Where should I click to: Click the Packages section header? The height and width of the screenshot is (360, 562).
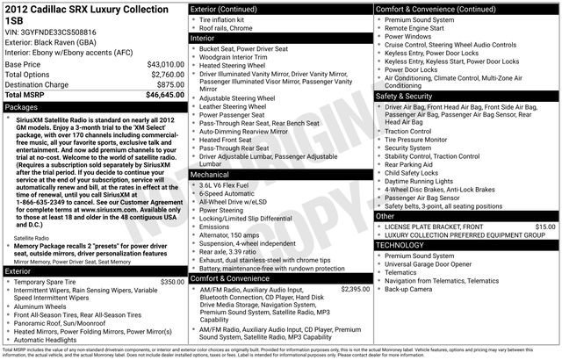pyautogui.click(x=22, y=106)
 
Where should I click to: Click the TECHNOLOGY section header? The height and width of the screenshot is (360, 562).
pyautogui.click(x=406, y=245)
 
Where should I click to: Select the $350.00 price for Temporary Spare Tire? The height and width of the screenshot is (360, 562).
pyautogui.click(x=172, y=282)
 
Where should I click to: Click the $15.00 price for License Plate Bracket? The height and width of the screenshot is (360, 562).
pyautogui.click(x=545, y=227)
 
